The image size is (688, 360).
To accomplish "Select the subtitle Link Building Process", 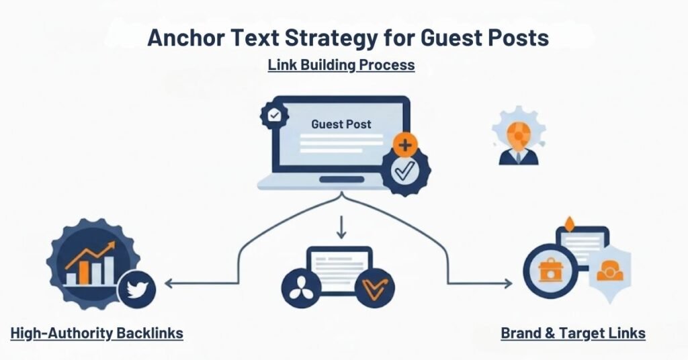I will (x=341, y=65).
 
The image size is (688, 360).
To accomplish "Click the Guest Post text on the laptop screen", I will (x=341, y=124).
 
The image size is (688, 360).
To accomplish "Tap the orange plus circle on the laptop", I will (x=404, y=144).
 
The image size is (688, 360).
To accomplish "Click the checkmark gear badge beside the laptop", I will (x=405, y=172).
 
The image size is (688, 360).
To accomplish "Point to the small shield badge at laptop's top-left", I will (x=274, y=116).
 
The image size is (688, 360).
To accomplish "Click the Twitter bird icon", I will (x=137, y=289).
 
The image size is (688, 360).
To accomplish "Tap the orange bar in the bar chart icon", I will (x=84, y=271).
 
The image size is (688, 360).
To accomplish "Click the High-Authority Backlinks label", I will (x=97, y=333).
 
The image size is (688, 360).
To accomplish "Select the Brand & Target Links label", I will (x=573, y=333).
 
